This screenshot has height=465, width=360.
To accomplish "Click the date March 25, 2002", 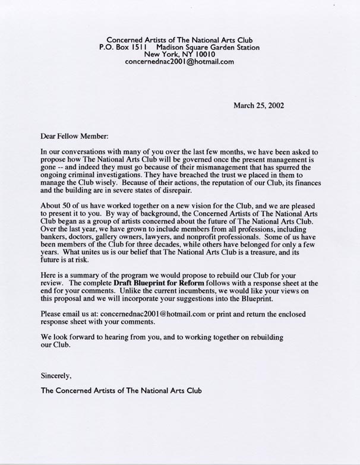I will click(x=258, y=106).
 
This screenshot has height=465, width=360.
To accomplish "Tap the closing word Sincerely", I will click(x=56, y=375).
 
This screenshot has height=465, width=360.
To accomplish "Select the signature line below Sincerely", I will click(x=121, y=391).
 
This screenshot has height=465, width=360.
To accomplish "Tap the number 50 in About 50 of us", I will click(x=67, y=209).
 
